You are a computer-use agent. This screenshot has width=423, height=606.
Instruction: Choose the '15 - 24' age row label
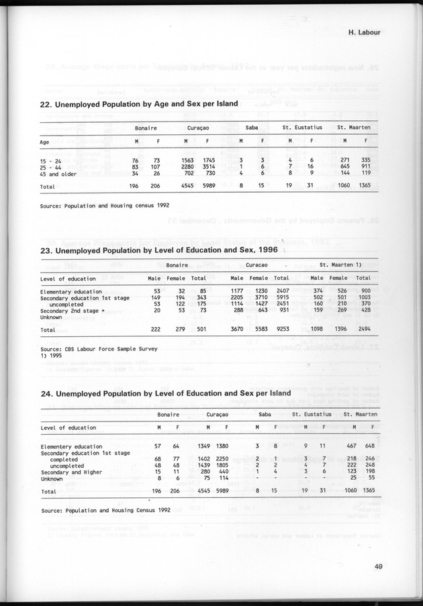(52, 160)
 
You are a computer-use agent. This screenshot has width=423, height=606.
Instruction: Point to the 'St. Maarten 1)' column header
(342, 264)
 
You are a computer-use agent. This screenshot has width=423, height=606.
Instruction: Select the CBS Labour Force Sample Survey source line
(85, 350)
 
